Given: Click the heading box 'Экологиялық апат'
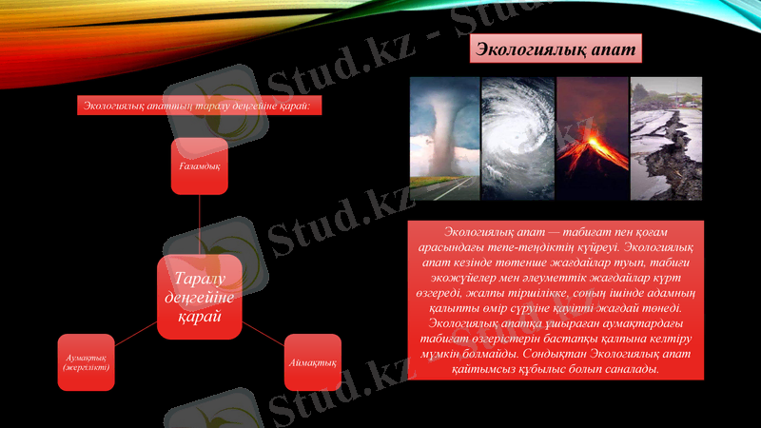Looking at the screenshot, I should (556, 49).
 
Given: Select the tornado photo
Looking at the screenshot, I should (444, 139).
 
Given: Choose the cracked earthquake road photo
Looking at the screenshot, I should (666, 139).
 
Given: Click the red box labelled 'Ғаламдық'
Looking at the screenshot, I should (200, 165).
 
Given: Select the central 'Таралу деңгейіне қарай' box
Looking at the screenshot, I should (200, 297).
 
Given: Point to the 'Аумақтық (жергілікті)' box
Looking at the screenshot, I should (87, 362).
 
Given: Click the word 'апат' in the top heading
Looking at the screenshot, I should (610, 49).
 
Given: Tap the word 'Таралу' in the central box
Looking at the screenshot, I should (200, 279).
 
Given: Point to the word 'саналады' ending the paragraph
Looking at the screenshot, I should (631, 369).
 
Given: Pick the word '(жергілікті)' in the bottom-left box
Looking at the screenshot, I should (87, 368).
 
